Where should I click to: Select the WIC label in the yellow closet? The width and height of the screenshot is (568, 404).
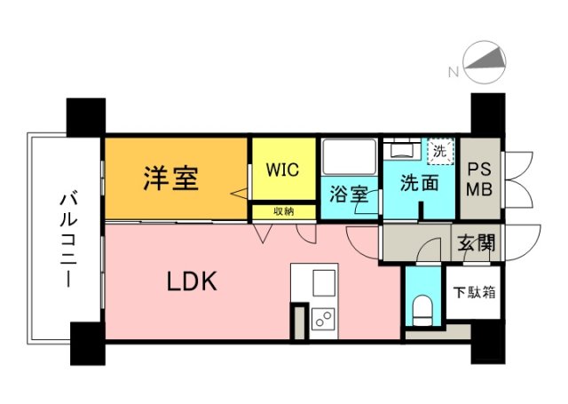[281, 169]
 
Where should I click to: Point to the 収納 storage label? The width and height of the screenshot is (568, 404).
[283, 211]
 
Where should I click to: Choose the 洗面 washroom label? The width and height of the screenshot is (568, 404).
[418, 184]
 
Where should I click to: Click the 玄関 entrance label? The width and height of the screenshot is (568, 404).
[477, 241]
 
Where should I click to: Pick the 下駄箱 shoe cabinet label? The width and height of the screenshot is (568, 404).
[477, 290]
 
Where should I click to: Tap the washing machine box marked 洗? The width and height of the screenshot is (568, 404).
[439, 152]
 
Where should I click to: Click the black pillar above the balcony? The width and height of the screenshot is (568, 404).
[86, 115]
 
